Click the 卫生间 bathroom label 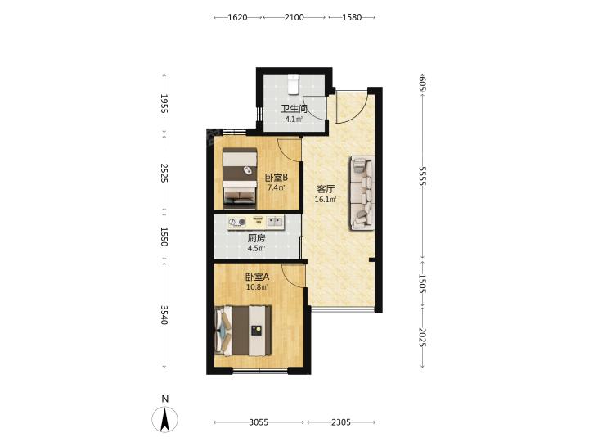coord(294,110)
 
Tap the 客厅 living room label coord(326,189)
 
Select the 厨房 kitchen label coord(257,238)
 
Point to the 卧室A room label coord(258,277)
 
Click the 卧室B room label coord(277,177)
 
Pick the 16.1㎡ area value coord(326,200)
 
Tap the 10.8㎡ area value coord(257,287)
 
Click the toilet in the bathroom coord(293,84)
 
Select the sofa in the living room coord(362,193)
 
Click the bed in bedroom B coord(240,178)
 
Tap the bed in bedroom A coord(243,331)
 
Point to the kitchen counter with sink coord(256,222)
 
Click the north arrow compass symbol coord(164,418)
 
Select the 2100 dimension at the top coord(294,17)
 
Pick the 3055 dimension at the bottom coord(259,422)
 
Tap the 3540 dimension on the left coord(164,314)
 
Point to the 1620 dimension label coord(238,17)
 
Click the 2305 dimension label coord(341,422)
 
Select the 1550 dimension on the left coord(164,237)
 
